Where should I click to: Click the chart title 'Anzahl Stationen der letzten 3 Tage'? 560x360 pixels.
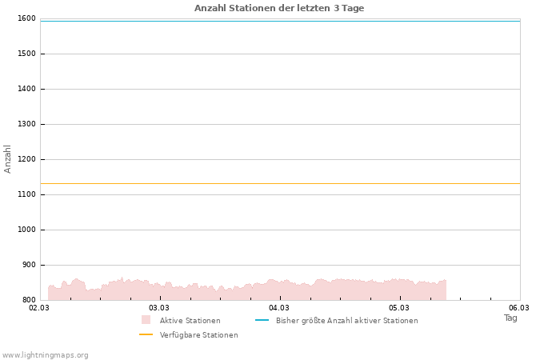pyautogui.click(x=279, y=8)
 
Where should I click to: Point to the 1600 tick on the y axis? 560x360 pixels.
pyautogui.click(x=26, y=18)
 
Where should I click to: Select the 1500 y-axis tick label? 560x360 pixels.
pyautogui.click(x=26, y=54)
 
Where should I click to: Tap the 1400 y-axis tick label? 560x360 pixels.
pyautogui.click(x=26, y=89)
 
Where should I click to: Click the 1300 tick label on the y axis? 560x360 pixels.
pyautogui.click(x=26, y=124)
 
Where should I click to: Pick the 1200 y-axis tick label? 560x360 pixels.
pyautogui.click(x=26, y=159)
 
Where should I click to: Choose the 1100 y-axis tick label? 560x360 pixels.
pyautogui.click(x=26, y=194)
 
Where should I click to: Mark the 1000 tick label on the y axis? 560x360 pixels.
pyautogui.click(x=26, y=230)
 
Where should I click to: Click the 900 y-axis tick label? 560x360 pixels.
pyautogui.click(x=29, y=265)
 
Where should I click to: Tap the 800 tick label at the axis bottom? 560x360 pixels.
pyautogui.click(x=29, y=300)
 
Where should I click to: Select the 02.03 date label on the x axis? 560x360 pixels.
pyautogui.click(x=39, y=308)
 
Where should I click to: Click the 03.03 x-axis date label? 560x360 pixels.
pyautogui.click(x=159, y=308)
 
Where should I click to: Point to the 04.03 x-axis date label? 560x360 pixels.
pyautogui.click(x=279, y=308)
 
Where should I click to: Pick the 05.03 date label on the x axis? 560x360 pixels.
pyautogui.click(x=399, y=308)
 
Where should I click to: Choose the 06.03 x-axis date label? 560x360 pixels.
pyautogui.click(x=519, y=308)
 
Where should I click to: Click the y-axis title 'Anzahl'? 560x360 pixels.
pyautogui.click(x=8, y=158)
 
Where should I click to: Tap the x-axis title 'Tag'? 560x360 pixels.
pyautogui.click(x=510, y=318)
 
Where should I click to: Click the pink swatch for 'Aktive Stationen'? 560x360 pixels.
pyautogui.click(x=146, y=320)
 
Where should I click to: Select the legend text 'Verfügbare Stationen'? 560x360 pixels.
pyautogui.click(x=198, y=335)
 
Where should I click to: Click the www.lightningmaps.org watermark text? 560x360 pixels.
pyautogui.click(x=46, y=355)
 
